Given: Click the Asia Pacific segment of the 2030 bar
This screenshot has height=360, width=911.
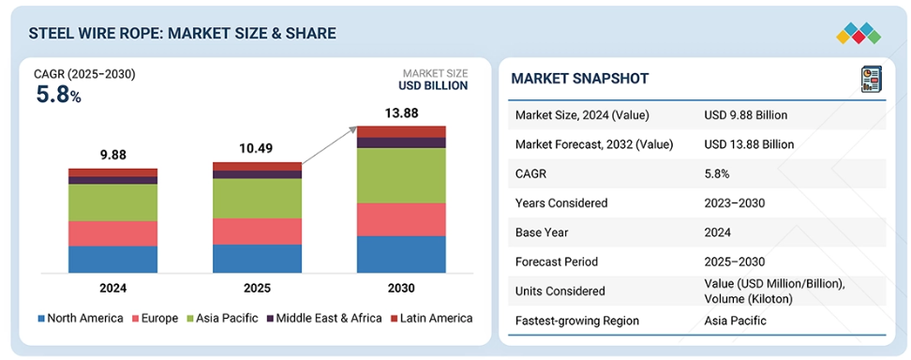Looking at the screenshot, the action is [x=401, y=175].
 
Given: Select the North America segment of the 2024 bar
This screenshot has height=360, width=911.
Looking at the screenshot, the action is [x=112, y=259].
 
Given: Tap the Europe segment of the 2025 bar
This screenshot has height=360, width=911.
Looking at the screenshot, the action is [x=257, y=231].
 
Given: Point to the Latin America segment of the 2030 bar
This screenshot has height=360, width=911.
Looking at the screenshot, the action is [x=401, y=131].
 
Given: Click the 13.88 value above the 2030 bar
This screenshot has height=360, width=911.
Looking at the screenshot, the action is [x=401, y=112].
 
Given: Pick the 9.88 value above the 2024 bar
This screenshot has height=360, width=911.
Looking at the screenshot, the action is [x=112, y=156].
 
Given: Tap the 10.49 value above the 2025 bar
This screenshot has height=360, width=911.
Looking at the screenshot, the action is [x=257, y=149].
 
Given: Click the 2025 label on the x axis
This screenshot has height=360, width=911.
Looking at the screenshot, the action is [x=257, y=288].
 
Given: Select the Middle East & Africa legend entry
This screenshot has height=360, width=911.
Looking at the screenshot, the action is [x=324, y=318].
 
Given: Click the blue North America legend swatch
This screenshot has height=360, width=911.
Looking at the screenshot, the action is [x=40, y=319].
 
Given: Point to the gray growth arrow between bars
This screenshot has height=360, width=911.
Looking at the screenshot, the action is [x=329, y=146].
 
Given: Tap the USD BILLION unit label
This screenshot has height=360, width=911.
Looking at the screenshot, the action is [x=433, y=85].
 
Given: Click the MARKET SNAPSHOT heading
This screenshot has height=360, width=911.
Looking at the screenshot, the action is [x=580, y=79].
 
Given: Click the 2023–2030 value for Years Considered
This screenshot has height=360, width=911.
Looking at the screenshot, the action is [x=734, y=203].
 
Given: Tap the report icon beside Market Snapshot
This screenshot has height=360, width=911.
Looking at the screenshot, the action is [x=871, y=79].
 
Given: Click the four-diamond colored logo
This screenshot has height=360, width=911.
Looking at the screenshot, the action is [x=859, y=33].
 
